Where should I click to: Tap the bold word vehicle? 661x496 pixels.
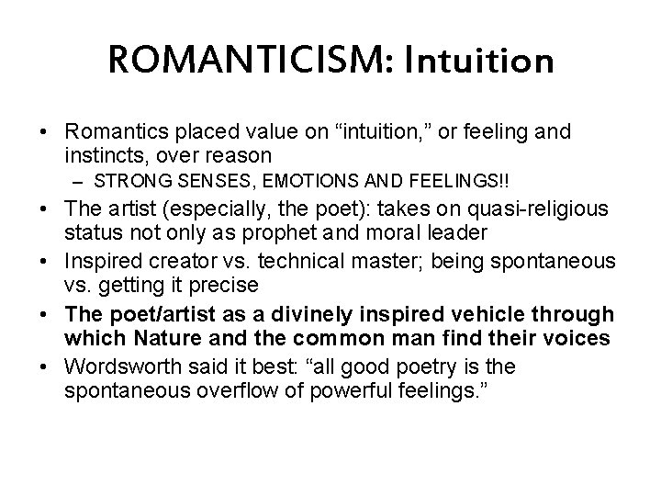pyautogui.click(x=438, y=316)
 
